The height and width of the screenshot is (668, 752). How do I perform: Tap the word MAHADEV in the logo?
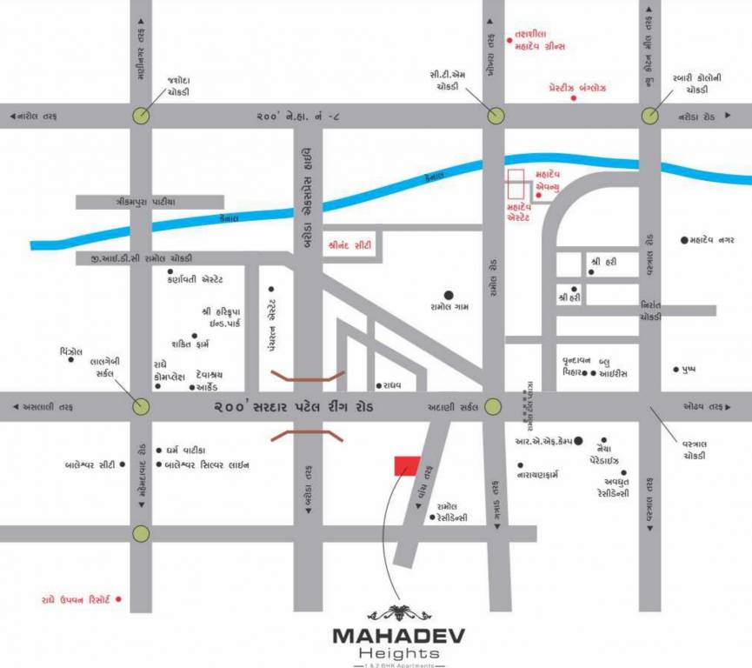(x=398, y=635)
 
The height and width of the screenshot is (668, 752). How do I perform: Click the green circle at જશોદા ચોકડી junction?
(x=141, y=115)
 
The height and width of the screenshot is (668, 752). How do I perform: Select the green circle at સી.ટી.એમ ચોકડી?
(x=495, y=115)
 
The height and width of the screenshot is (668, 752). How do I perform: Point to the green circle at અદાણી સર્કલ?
(x=493, y=406)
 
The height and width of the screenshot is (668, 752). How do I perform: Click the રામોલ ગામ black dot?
(x=449, y=295)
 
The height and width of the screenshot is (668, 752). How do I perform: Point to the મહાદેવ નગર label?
(x=720, y=239)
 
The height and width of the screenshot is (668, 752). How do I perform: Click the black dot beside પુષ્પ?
(x=675, y=370)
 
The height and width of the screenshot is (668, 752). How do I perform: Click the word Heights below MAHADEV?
(x=398, y=652)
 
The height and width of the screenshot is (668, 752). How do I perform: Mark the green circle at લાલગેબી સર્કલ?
(x=141, y=406)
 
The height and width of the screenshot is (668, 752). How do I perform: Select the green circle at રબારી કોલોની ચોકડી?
(x=649, y=115)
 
